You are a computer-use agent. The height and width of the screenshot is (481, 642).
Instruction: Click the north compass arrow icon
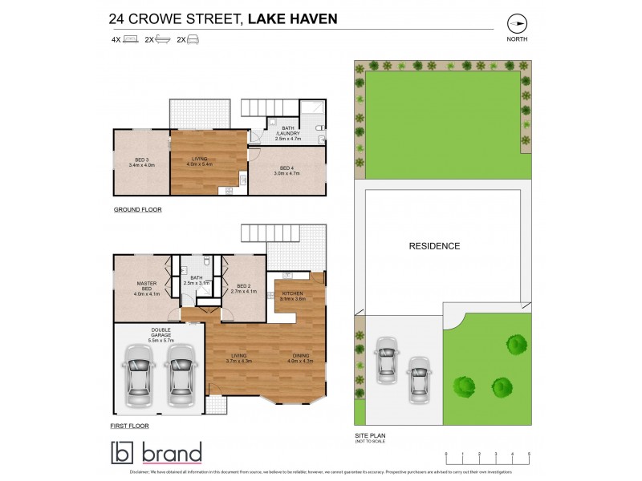(x=516, y=22)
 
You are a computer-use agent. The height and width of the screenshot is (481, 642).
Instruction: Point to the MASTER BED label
(x=141, y=289)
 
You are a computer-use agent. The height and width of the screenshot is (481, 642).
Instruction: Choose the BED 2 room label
(x=242, y=289)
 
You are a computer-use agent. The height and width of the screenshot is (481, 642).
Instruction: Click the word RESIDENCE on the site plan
(x=436, y=246)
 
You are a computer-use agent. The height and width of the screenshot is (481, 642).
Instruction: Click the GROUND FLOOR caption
(x=137, y=210)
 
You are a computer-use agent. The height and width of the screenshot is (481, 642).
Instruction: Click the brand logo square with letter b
(x=125, y=453)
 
